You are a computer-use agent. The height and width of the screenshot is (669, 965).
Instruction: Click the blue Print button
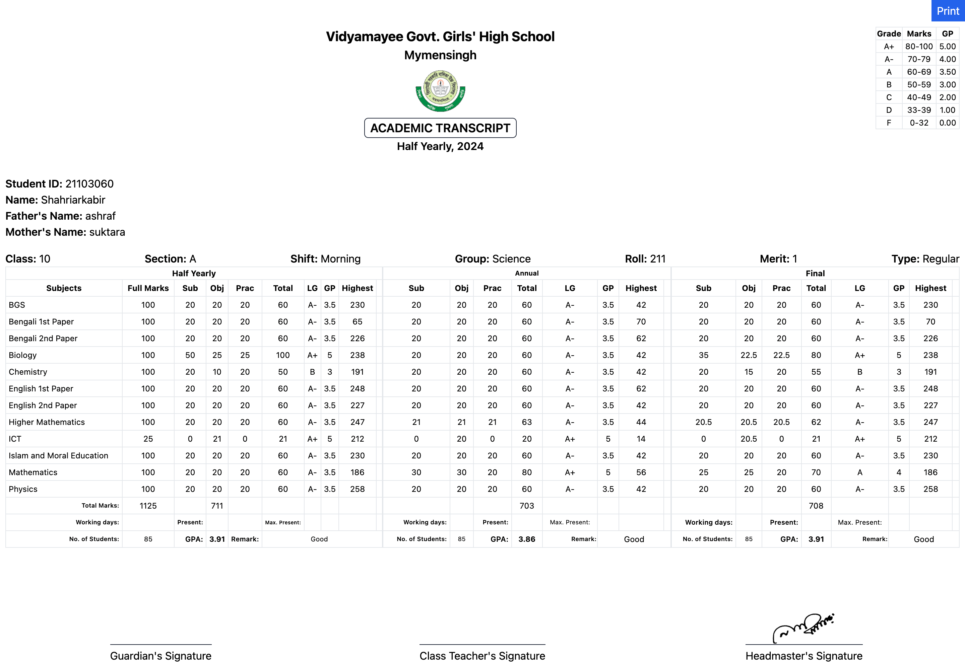(x=948, y=11)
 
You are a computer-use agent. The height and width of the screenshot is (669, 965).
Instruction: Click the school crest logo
(x=440, y=90)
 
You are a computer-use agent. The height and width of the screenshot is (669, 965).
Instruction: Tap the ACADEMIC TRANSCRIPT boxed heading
(x=440, y=128)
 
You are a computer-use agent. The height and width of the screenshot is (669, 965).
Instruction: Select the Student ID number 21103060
(x=89, y=183)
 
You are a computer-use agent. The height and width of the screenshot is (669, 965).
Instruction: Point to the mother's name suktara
(x=107, y=232)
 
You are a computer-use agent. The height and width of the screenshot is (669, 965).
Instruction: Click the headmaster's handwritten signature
(x=803, y=627)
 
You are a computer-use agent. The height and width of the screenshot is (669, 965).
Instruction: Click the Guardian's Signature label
(x=160, y=656)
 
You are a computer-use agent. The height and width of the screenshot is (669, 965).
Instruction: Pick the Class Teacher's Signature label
(x=482, y=656)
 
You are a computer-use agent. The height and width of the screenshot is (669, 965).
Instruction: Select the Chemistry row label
(x=28, y=372)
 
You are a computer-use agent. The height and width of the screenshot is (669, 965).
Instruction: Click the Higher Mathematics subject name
(x=47, y=422)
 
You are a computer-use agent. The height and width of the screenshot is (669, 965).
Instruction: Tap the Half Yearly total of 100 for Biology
(x=283, y=355)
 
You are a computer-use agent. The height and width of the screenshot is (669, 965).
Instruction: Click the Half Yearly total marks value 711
(x=217, y=506)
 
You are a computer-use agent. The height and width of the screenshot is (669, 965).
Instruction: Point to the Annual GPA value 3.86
(x=527, y=539)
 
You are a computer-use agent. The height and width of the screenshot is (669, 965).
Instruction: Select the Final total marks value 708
(x=816, y=506)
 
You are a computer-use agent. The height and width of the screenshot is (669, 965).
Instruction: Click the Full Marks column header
(x=148, y=288)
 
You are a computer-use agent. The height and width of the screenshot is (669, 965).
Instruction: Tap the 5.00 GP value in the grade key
(x=947, y=47)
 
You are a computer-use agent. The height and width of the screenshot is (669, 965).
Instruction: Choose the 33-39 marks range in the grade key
(x=919, y=110)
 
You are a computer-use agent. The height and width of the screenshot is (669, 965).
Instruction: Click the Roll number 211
(x=658, y=258)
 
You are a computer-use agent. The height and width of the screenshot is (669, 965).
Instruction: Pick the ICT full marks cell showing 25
(x=148, y=439)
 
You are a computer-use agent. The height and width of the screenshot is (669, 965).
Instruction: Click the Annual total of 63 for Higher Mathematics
(x=527, y=422)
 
